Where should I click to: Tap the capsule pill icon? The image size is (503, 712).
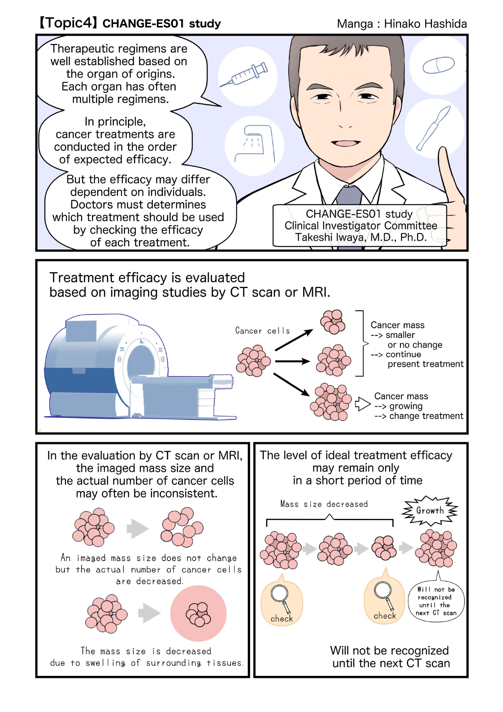point(439,65)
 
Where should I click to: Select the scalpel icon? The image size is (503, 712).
point(434,128)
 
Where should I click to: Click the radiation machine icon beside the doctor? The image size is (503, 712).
point(255,144)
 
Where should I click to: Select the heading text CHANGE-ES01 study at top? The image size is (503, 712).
point(162,24)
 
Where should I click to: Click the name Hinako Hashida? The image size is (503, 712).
point(425,24)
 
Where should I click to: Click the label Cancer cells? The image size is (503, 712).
point(263,331)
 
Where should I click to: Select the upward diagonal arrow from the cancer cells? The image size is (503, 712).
point(294,340)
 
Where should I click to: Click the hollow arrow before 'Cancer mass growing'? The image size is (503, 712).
point(363,404)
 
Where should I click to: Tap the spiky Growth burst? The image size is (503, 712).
point(430,511)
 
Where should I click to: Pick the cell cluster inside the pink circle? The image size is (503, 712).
point(198,613)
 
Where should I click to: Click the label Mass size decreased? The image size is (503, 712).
point(324,504)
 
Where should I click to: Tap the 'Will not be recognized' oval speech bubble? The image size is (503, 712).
point(436,600)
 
